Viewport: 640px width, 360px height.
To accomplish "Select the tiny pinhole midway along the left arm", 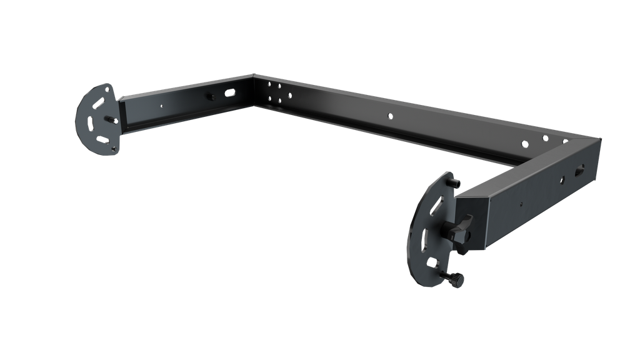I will click(x=161, y=106).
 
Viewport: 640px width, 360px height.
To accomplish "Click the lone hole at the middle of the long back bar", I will click(x=390, y=116).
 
